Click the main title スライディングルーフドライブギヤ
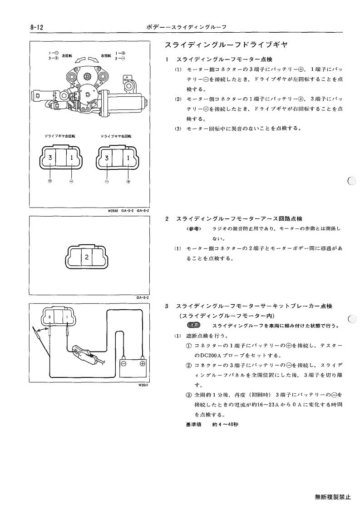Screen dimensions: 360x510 click(x=226, y=45)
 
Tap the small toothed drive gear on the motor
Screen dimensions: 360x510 click(x=87, y=77)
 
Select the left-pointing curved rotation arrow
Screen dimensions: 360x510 click(x=80, y=59)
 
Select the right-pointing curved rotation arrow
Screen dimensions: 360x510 click(x=94, y=59)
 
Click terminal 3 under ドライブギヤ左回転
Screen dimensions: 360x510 click(x=50, y=158)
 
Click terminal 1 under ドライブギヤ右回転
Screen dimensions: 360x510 click(x=128, y=158)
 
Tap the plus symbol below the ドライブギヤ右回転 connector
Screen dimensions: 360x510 click(x=128, y=182)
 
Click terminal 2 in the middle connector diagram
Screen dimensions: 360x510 click(x=87, y=257)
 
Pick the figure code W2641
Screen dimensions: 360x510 click(x=143, y=386)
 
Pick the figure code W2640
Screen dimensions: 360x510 click(x=113, y=210)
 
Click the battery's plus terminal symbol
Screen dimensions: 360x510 click(x=142, y=364)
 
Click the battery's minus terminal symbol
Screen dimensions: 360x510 click(x=123, y=364)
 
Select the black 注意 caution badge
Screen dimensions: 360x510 click(x=194, y=325)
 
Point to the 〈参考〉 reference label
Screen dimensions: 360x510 click(x=194, y=228)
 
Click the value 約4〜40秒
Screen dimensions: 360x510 click(x=225, y=425)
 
